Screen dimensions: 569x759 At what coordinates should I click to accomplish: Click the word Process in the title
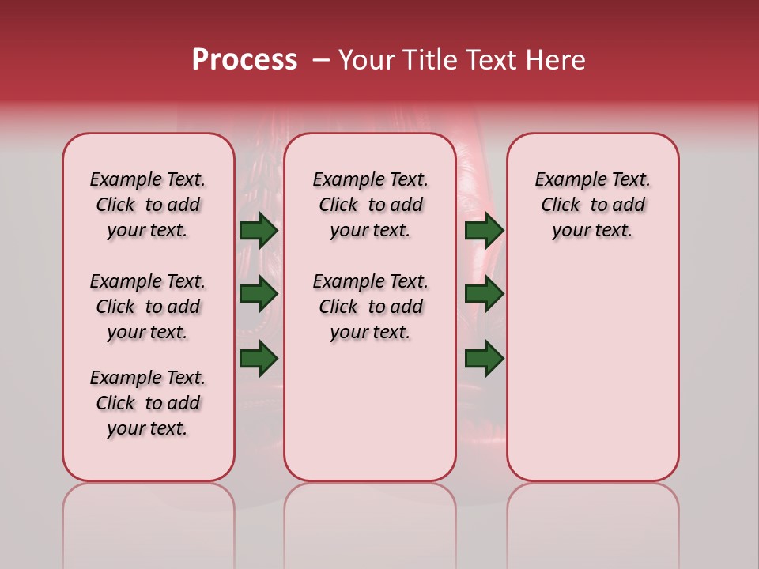[x=244, y=60]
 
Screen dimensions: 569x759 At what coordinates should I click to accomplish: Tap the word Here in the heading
[x=557, y=60]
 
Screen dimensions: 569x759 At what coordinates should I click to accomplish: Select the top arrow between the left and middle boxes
[x=259, y=230]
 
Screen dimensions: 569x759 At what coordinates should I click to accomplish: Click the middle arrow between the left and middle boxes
[x=259, y=294]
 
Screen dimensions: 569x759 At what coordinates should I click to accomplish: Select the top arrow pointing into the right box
[x=484, y=230]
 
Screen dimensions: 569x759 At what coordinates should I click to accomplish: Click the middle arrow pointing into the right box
[x=484, y=294]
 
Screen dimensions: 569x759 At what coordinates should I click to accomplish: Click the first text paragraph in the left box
[x=148, y=205]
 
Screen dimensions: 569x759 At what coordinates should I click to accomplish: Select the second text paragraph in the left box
[x=148, y=307]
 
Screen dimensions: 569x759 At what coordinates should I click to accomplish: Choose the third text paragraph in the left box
[x=148, y=403]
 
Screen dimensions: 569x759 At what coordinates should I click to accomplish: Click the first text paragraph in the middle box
[x=370, y=205]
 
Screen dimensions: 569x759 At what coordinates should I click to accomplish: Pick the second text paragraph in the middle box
[x=370, y=307]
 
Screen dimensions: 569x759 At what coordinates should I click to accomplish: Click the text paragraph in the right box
[x=593, y=205]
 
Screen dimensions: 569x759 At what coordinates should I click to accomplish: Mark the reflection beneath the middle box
[x=370, y=514]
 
